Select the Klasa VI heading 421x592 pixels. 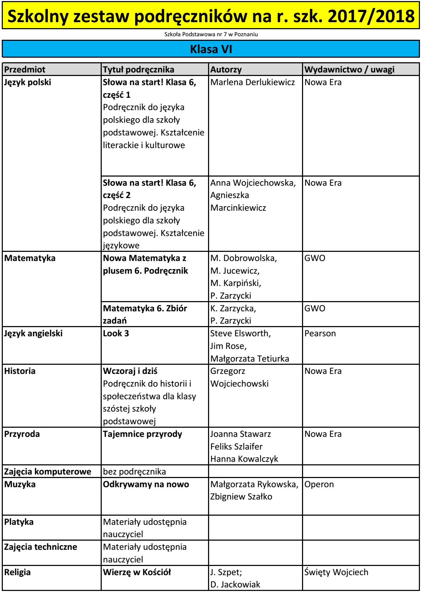coord(210,50)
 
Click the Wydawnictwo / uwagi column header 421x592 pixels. coord(349,69)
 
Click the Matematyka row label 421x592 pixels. coord(30,258)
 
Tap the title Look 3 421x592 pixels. coord(116,333)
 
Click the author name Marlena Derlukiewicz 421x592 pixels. coord(253,83)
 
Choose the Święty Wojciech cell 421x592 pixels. coord(336,572)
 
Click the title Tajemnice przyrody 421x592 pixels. coord(142,434)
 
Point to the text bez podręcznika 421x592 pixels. coord(134,471)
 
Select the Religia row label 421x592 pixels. coord(17,572)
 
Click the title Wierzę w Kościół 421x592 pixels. coord(137,572)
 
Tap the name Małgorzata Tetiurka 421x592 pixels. coord(249,359)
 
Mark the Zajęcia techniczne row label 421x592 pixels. coord(40,547)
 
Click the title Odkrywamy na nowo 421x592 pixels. coord(146,484)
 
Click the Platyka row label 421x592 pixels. coord(19,522)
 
